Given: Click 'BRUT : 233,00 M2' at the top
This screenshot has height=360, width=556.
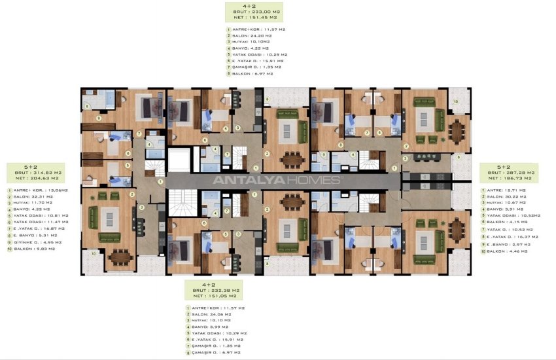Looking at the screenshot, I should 254,11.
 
